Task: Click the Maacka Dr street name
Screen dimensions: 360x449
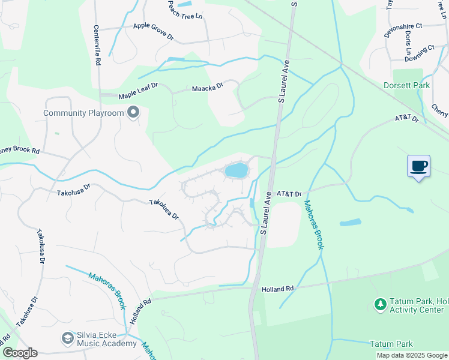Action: (x=207, y=88)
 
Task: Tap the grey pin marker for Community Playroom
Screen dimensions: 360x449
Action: (x=133, y=113)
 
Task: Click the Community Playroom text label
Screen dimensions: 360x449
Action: (x=83, y=113)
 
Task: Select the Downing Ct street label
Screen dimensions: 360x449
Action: (x=419, y=53)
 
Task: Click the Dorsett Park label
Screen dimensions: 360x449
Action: (x=406, y=86)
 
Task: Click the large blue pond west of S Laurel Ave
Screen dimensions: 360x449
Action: (x=236, y=170)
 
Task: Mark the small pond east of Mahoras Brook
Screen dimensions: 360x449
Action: (x=351, y=223)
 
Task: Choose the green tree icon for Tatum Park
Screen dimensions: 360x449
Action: (x=379, y=305)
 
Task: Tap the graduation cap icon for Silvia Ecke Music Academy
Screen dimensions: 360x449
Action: (x=67, y=339)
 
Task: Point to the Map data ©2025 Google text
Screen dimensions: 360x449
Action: (x=412, y=355)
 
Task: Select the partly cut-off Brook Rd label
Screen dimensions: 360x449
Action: (x=19, y=151)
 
